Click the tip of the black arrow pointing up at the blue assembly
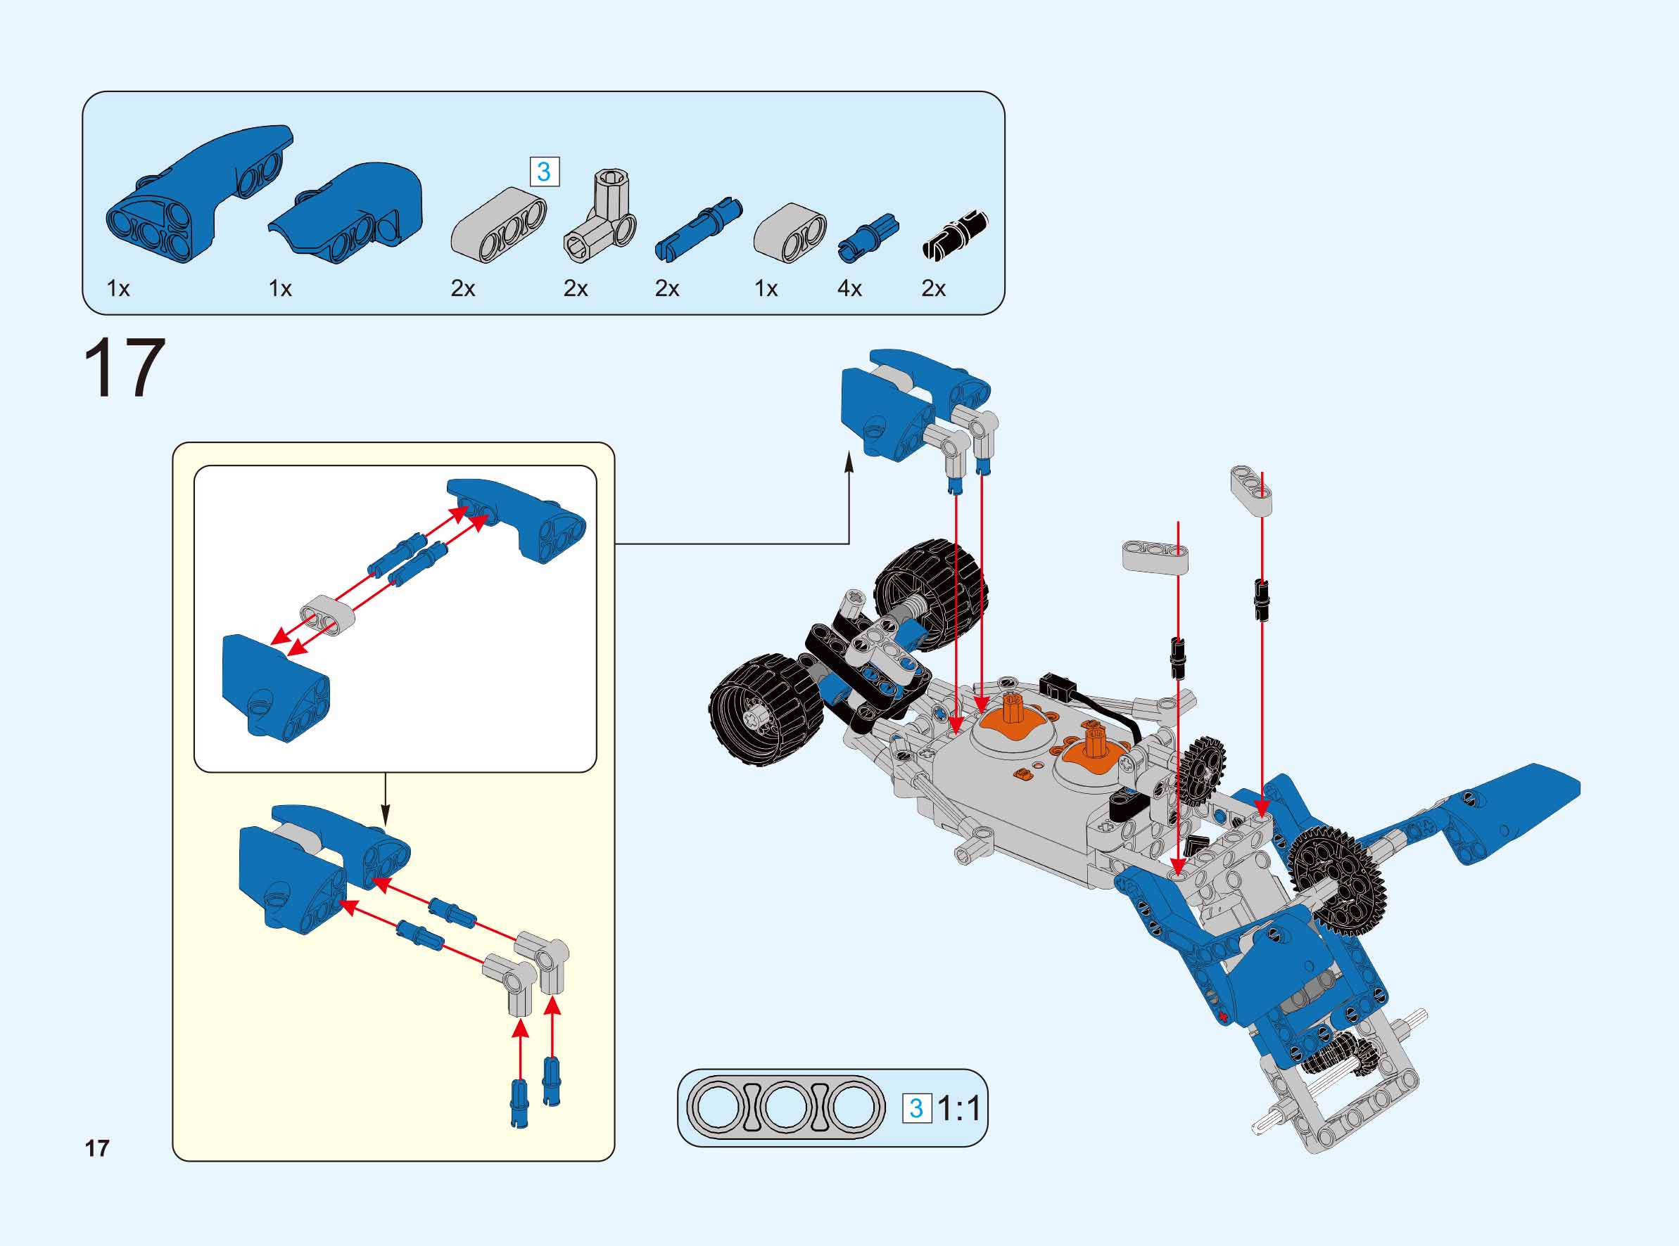849,453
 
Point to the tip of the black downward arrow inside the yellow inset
386,824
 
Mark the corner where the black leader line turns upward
849,544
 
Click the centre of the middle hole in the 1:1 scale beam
785,1108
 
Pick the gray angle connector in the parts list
600,216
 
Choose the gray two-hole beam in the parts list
790,232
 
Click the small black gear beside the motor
1202,770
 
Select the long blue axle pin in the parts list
699,230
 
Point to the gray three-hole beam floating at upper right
1251,490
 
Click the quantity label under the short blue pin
849,288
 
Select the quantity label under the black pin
934,288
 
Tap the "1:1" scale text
959,1108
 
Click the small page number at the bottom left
97,1148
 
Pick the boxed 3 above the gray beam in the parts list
544,172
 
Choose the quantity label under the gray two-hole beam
766,288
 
